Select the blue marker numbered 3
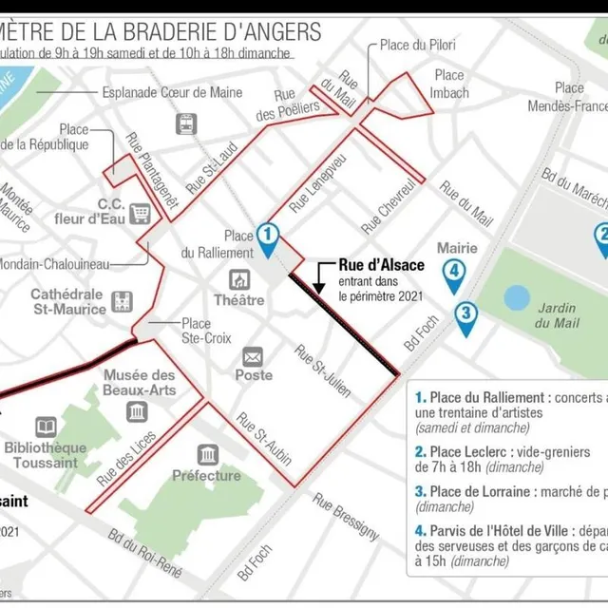click(465, 313)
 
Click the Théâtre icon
click(239, 280)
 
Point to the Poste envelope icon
click(253, 357)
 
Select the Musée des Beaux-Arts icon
click(137, 410)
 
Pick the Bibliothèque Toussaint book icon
click(46, 427)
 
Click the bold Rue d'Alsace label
click(382, 265)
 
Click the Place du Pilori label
click(418, 45)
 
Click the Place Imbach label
click(449, 84)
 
